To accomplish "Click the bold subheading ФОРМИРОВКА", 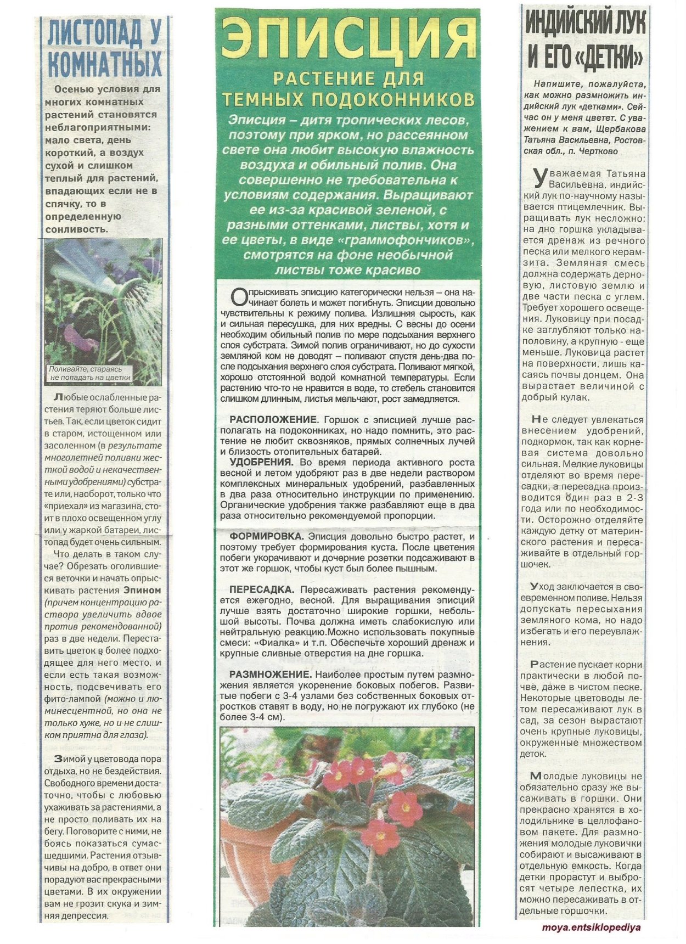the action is (266, 536).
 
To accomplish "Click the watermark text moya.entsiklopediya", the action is (592, 928).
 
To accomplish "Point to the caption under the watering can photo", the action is (90, 373).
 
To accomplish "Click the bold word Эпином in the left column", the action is (142, 591).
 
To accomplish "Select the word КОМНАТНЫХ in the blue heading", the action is (105, 64).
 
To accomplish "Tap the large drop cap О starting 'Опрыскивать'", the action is (237, 297).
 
